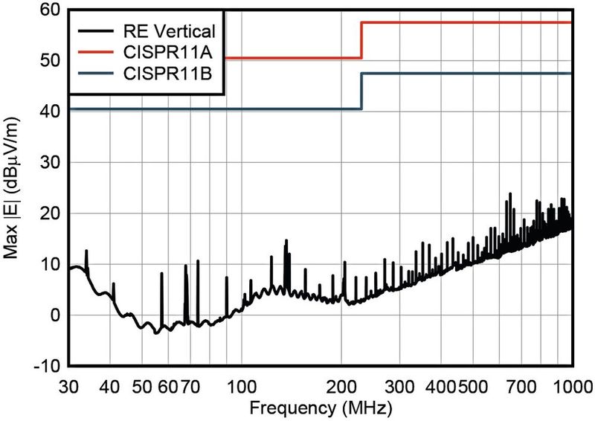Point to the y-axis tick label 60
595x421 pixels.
pyautogui.click(x=49, y=10)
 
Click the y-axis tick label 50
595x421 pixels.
pyautogui.click(x=49, y=61)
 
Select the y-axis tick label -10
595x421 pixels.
pyautogui.click(x=46, y=367)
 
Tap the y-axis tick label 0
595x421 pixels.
pyautogui.click(x=54, y=315)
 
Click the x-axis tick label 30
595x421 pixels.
pyautogui.click(x=68, y=387)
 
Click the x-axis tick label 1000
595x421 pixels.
pyautogui.click(x=569, y=387)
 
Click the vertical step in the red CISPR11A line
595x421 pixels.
pyautogui.click(x=361, y=41)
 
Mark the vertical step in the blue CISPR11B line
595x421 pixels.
pyautogui.click(x=361, y=91)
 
